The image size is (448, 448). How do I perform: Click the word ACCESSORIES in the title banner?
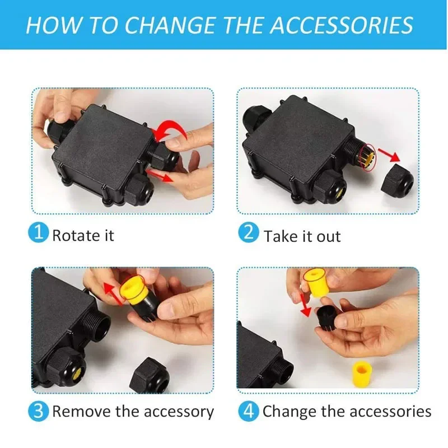point(342,25)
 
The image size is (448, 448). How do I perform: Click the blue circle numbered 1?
point(38,232)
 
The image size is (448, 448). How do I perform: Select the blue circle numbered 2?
point(249,232)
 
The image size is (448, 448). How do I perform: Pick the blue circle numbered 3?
point(38,412)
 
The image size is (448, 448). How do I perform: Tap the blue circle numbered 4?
point(249,412)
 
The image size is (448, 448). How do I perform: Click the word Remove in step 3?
point(82,412)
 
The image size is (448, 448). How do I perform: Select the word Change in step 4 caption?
point(289,412)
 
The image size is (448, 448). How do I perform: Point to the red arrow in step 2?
point(389,155)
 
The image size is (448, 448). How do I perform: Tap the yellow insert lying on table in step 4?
point(362,374)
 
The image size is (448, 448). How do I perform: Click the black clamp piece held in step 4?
point(329,316)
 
